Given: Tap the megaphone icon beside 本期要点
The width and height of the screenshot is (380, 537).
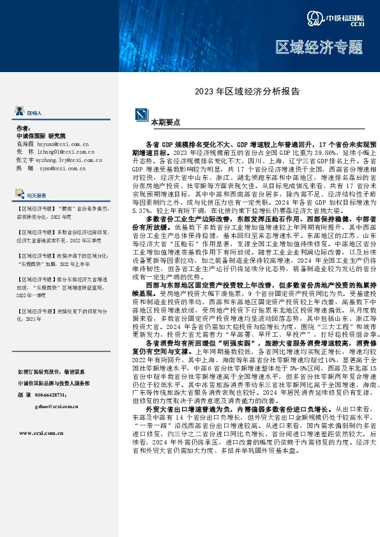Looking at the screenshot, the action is click(x=142, y=115).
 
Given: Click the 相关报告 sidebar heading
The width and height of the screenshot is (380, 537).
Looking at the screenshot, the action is click(x=36, y=195).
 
